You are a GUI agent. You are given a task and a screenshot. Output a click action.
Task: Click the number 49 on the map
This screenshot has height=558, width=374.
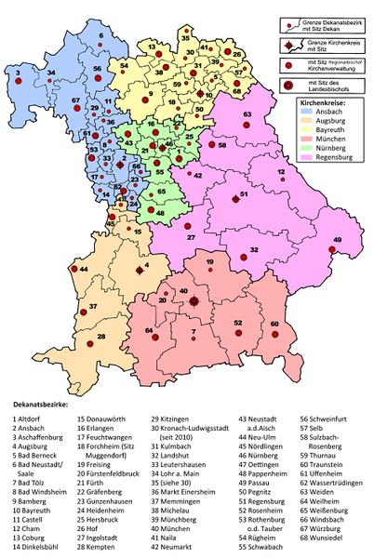[337, 241]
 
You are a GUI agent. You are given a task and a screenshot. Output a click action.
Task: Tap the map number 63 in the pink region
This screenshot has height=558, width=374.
[247, 114]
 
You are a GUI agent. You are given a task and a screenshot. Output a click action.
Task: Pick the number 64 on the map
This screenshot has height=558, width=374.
[149, 330]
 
